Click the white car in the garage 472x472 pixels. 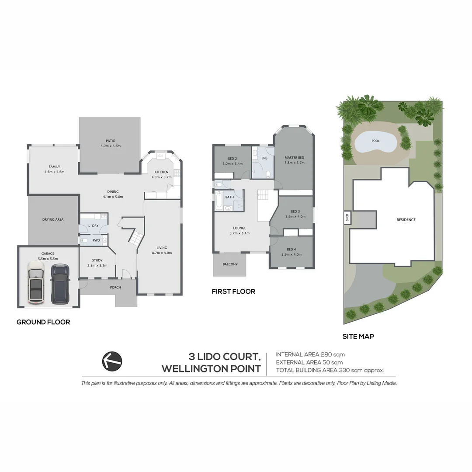pos(36,283)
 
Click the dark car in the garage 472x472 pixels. pos(60,284)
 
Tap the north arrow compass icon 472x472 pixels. pos(112,361)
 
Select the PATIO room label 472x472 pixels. pos(110,141)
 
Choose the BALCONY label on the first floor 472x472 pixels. pos(230,264)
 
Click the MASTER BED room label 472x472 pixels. pos(294,157)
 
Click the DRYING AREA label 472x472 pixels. pos(53,219)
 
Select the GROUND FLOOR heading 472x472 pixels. pos(43,322)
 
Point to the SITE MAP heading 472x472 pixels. pos(358,337)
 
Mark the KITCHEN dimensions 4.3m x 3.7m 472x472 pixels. pos(162,177)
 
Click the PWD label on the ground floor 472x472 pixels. pos(96,240)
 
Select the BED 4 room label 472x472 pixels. pos(292,249)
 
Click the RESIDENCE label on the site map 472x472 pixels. pos(406,220)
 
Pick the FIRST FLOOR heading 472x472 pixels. pos(233,291)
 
